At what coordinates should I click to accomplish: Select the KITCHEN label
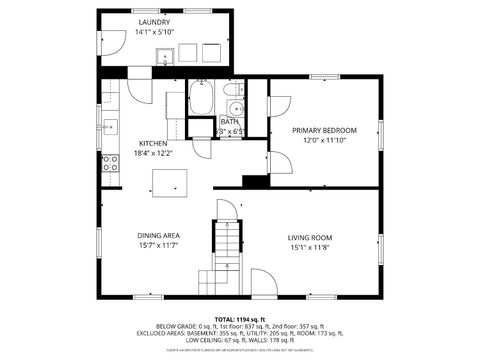pos(152,143)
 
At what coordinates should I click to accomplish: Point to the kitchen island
pos(169,182)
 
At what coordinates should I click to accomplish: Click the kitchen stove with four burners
pos(109,163)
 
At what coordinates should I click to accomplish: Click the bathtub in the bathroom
pos(201,100)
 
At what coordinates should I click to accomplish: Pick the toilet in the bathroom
pos(235,111)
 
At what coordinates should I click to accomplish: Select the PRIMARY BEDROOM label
pos(324,130)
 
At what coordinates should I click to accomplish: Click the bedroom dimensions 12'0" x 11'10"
pos(324,141)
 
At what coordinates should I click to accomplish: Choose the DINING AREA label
pos(158,236)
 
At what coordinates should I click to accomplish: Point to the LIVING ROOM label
pos(310,237)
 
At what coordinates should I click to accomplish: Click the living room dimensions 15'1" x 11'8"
pos(310,247)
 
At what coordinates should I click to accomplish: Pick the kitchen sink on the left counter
pos(109,126)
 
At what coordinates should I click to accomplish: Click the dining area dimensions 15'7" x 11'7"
pos(158,246)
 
